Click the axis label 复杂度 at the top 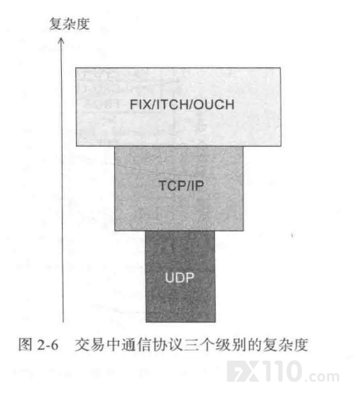click(70, 24)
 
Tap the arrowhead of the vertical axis click(61, 40)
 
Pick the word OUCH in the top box click(214, 105)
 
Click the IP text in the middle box click(197, 186)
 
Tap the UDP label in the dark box click(180, 278)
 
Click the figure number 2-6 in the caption click(48, 345)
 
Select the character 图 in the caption click(25, 345)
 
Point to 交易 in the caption click(90, 345)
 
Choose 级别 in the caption click(231, 345)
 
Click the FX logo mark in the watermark click(243, 372)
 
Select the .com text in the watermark click(323, 376)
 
